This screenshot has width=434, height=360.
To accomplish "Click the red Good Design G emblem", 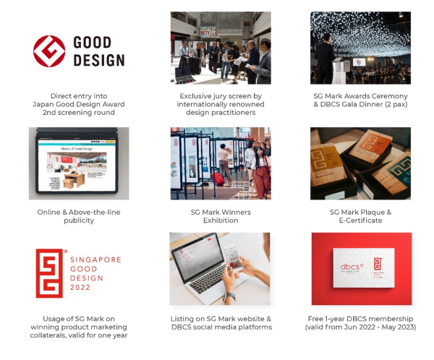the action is [49, 51].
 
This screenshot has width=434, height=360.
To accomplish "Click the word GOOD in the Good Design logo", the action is [93, 43].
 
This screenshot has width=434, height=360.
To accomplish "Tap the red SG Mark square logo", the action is [49, 273].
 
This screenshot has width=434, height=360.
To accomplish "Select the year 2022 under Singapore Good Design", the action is [80, 287].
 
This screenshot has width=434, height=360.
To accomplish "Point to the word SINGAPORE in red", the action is [95, 260].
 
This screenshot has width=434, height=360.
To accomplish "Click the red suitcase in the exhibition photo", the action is [218, 179].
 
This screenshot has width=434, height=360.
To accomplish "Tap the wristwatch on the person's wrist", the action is [229, 297].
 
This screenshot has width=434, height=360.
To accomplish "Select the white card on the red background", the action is [363, 268].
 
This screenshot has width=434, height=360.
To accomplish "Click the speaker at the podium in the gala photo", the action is [324, 59].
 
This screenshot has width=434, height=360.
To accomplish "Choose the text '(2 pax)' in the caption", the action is [396, 104].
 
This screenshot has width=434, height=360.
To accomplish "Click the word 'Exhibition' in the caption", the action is [221, 220].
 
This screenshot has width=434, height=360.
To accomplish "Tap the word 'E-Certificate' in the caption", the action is [360, 220].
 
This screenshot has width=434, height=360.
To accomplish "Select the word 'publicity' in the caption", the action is [79, 220].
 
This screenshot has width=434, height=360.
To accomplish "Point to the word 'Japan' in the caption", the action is [43, 104].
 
